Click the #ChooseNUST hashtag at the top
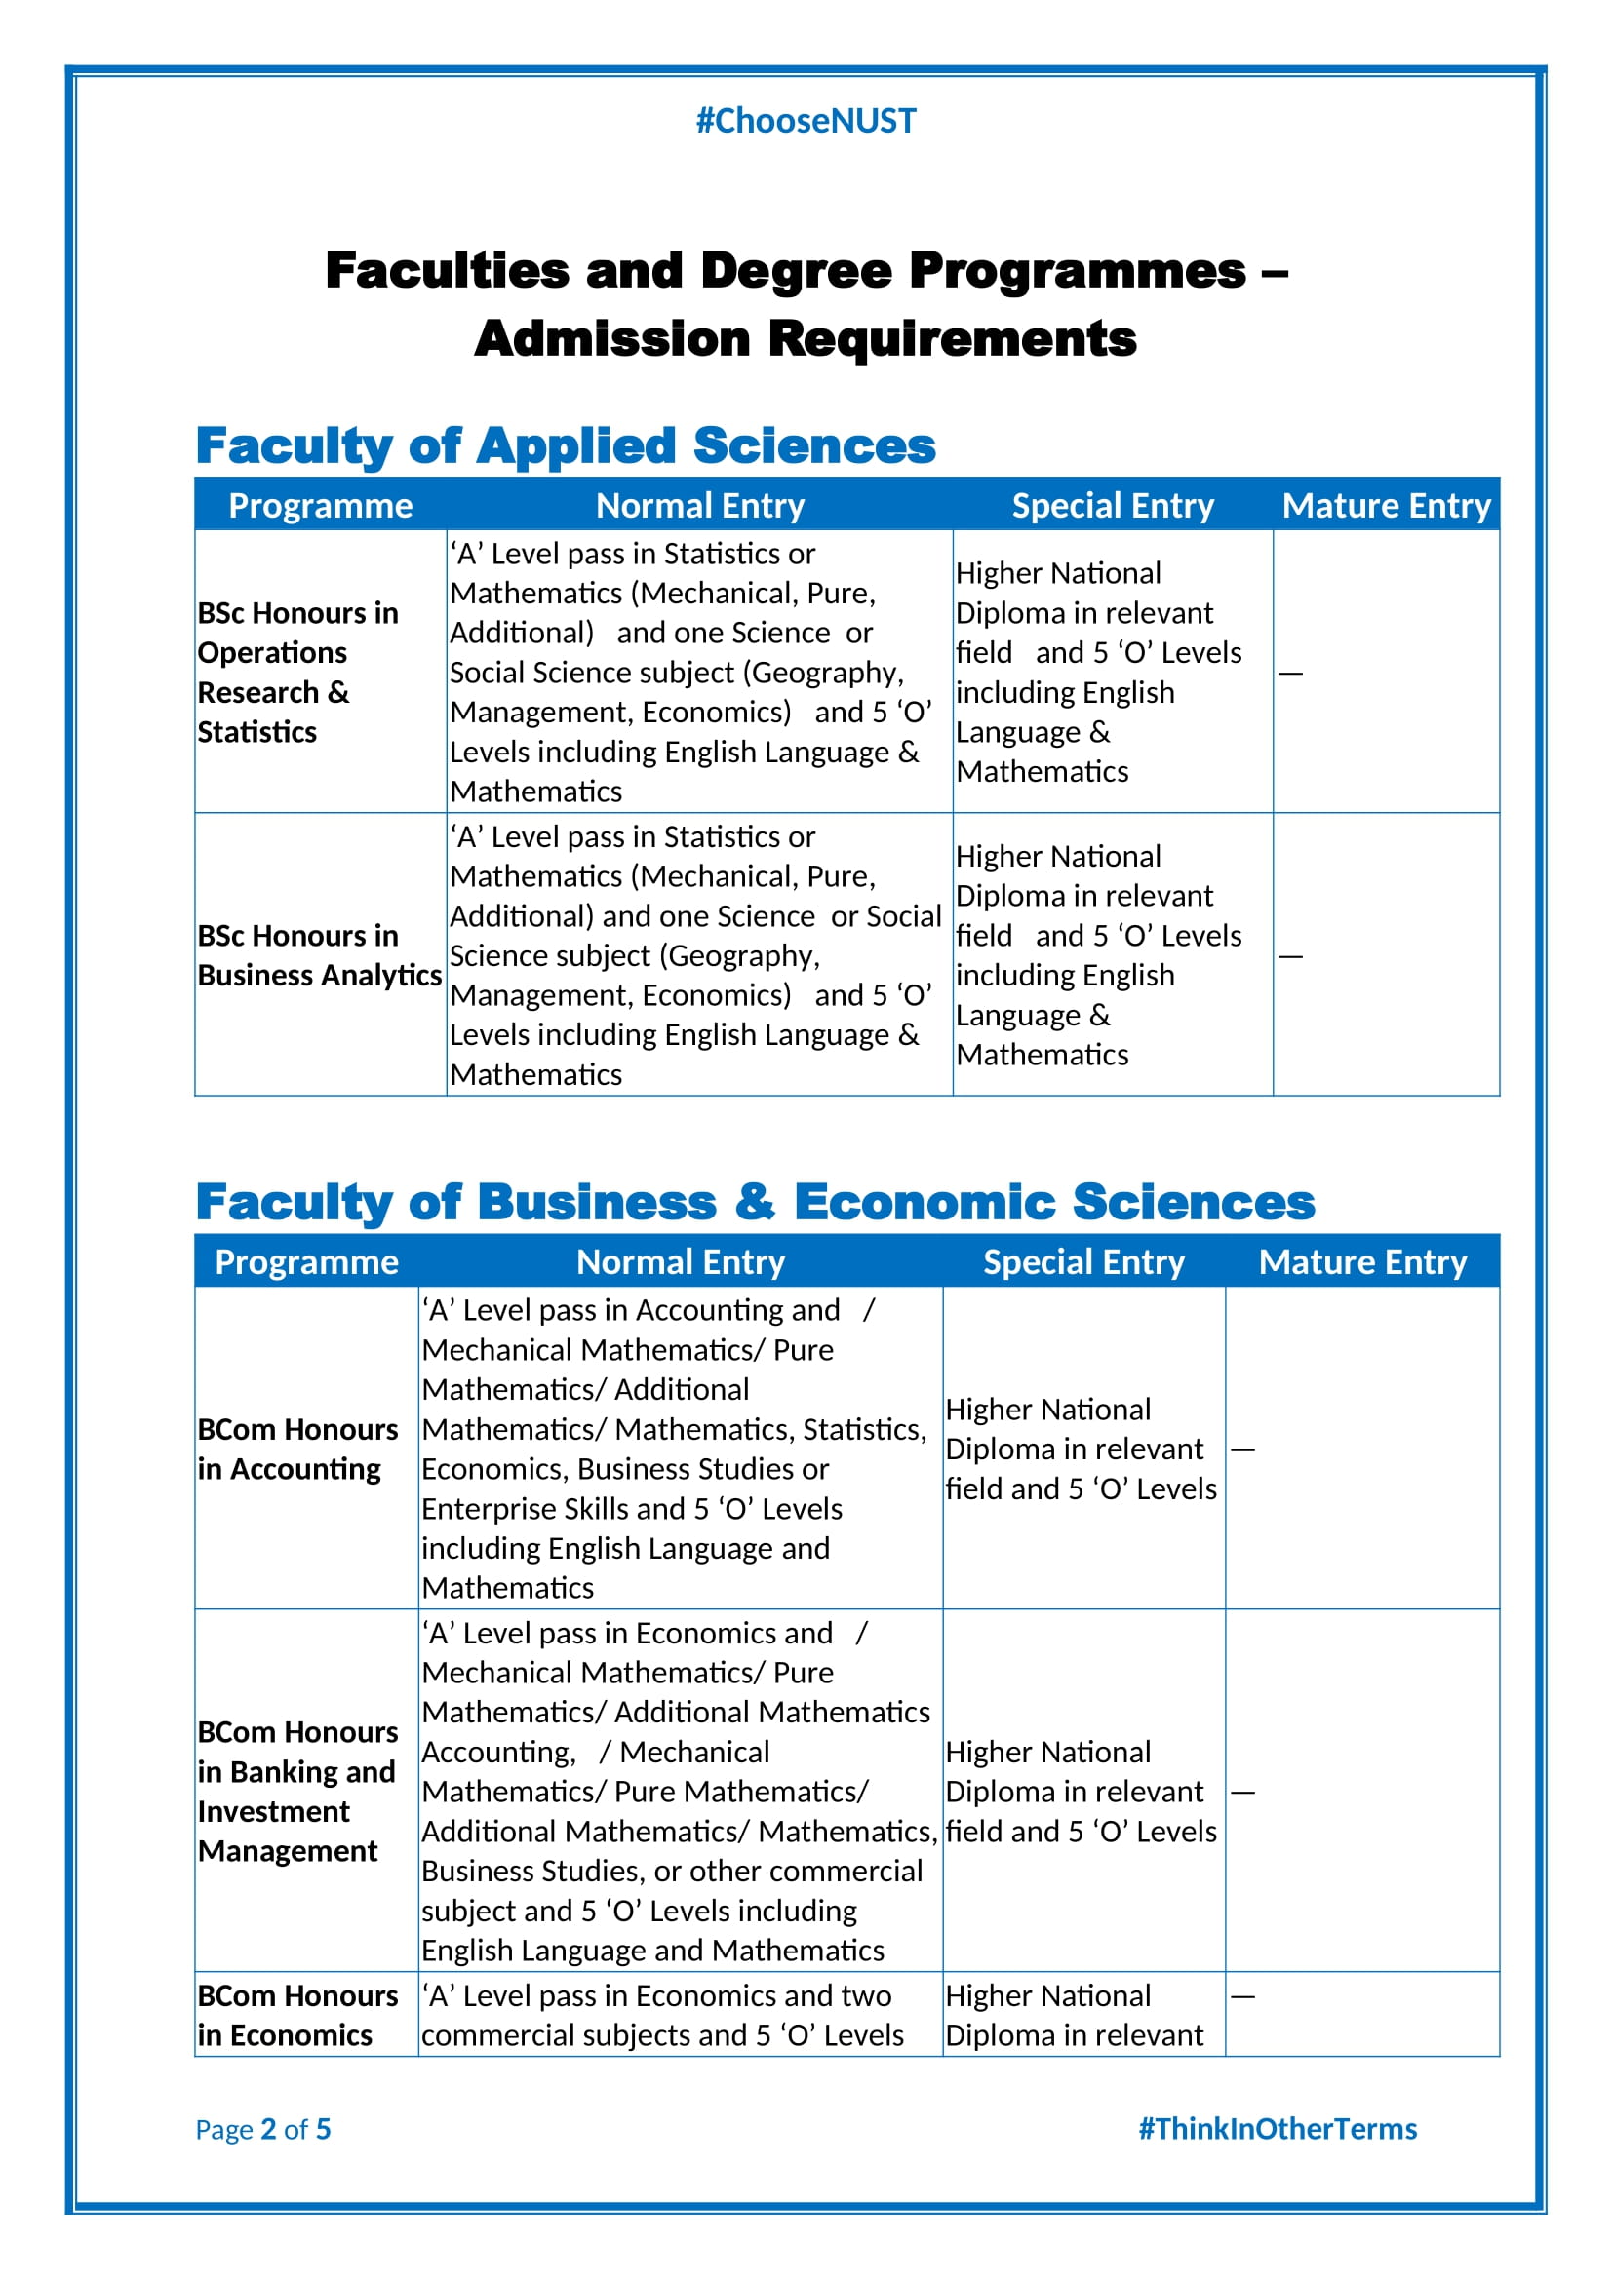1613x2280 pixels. click(806, 120)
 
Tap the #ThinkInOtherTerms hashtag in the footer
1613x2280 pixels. click(1278, 2128)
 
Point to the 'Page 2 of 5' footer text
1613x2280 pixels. click(263, 2129)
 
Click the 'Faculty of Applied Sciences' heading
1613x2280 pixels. click(566, 445)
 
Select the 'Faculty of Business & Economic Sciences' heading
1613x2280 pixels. click(755, 1202)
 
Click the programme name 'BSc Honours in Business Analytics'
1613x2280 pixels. click(319, 955)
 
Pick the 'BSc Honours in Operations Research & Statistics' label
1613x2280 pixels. click(298, 673)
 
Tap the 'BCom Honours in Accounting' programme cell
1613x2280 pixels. click(298, 1449)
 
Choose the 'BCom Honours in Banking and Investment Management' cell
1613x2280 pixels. click(298, 1792)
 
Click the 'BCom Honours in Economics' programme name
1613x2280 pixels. click(298, 2015)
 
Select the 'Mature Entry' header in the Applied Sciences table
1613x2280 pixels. click(1387, 506)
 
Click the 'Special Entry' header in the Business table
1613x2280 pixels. click(1083, 1262)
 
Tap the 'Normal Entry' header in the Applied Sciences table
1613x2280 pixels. click(700, 506)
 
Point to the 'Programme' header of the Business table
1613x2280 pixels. click(307, 1262)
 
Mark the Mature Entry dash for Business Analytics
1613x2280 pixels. click(1290, 956)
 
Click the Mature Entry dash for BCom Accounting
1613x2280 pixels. click(1242, 1449)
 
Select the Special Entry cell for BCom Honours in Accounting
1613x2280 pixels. click(1081, 1449)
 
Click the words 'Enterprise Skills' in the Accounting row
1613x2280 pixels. click(525, 1508)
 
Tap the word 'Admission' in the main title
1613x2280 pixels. click(611, 338)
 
